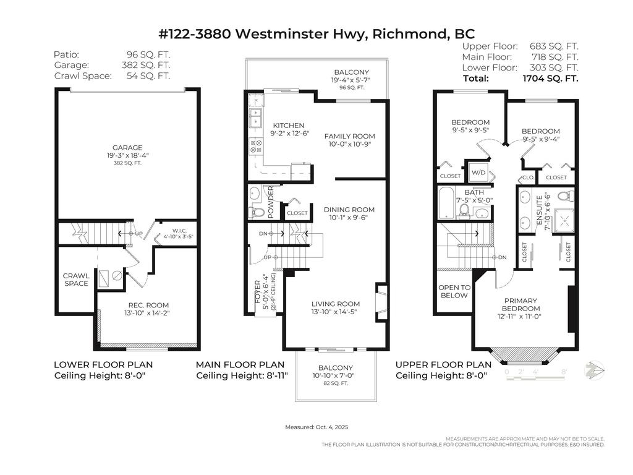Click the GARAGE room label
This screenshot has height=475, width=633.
127,148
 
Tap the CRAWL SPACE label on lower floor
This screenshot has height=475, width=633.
75,280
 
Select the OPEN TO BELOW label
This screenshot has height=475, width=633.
454,291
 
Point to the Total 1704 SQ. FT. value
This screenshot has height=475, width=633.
551,79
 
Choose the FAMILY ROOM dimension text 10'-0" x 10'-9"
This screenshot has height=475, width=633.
350,145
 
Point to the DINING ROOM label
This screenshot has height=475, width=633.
349,210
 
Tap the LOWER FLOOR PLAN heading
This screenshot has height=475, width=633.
103,365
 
